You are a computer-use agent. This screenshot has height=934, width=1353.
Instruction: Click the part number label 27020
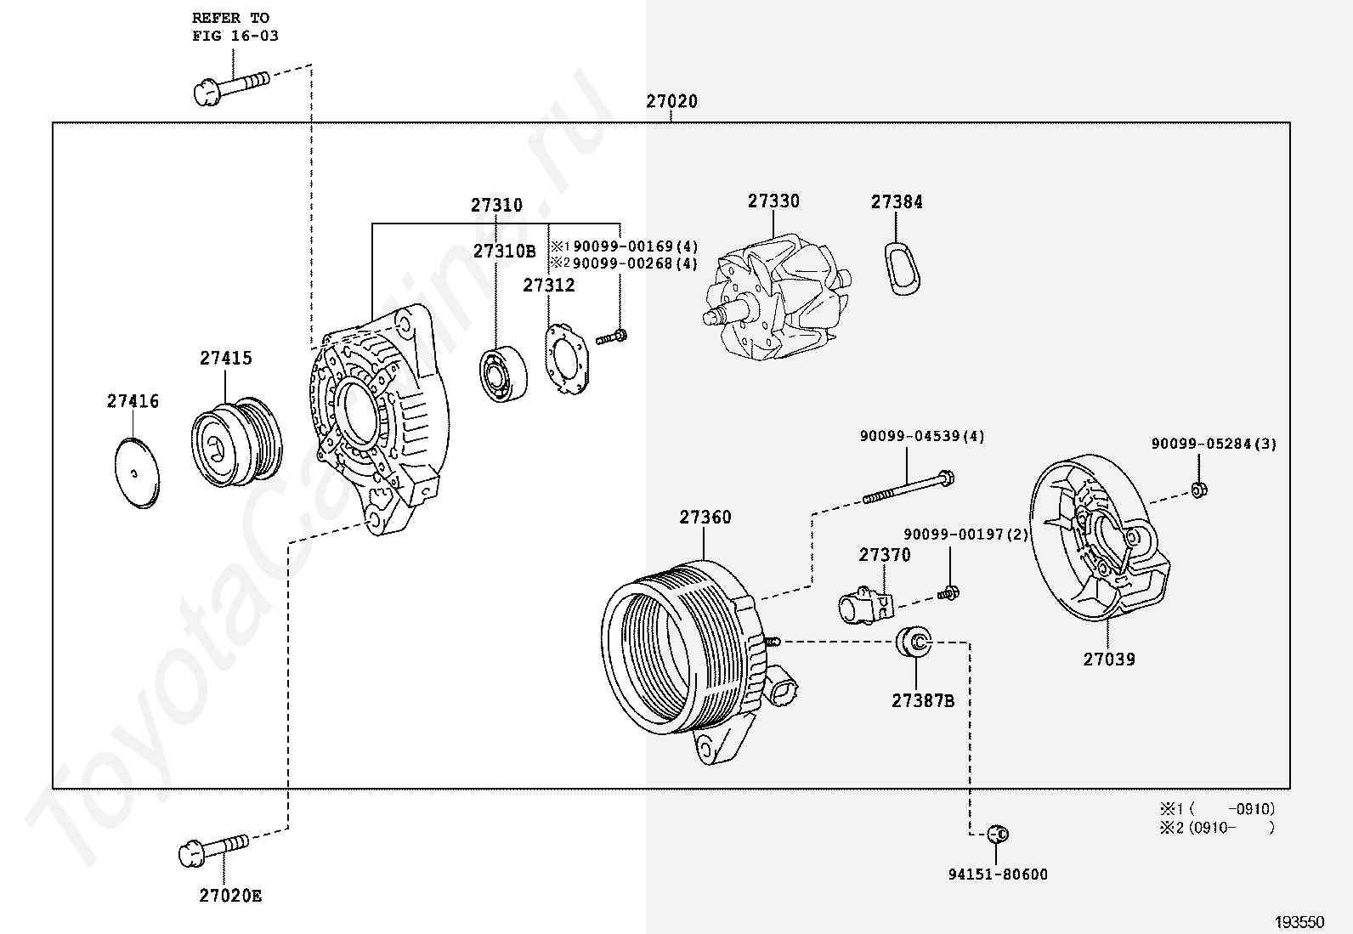tap(671, 101)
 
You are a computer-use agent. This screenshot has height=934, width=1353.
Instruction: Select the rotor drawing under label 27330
tap(778, 298)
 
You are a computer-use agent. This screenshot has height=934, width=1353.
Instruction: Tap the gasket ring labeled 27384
tap(903, 269)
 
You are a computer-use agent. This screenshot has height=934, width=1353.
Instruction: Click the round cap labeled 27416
tap(137, 473)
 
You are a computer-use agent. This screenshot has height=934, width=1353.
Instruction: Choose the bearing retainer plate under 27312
tap(566, 359)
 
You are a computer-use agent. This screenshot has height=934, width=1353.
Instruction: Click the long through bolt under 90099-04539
tap(909, 487)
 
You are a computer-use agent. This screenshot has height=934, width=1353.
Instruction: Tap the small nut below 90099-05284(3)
tap(1199, 490)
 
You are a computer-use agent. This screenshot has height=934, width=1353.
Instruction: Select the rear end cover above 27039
tap(1100, 538)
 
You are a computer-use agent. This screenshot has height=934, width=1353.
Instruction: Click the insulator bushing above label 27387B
tap(914, 642)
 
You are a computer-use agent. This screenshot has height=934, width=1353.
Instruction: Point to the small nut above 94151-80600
tap(998, 835)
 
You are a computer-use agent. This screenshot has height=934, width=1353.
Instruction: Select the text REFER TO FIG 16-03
tap(235, 27)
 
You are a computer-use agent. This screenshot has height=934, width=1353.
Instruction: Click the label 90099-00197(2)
tap(965, 534)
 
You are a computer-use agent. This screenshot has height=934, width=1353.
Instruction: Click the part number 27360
tap(705, 518)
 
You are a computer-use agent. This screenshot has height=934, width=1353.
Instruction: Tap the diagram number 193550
tap(1299, 922)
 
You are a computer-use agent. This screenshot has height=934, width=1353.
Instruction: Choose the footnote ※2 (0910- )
tap(1216, 828)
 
